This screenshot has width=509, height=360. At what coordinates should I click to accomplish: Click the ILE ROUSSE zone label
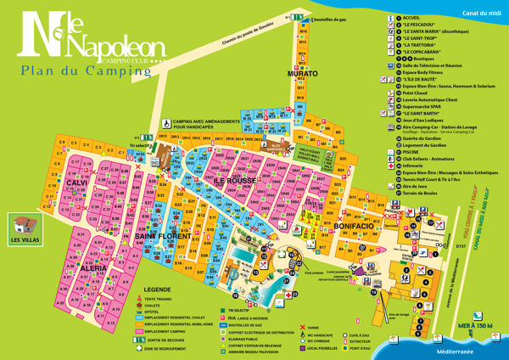click(232, 181)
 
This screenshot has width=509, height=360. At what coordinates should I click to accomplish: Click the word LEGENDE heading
click(157, 290)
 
